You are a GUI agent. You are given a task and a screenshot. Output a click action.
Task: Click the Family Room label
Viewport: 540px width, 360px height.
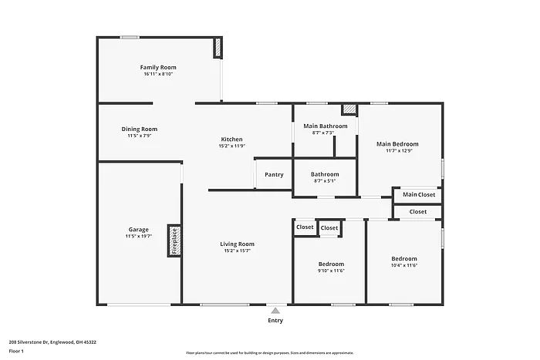(x=158, y=67)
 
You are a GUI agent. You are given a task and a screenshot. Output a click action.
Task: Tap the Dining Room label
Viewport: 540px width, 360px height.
(x=139, y=129)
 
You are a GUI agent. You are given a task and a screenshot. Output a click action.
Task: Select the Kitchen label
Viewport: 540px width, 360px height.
(x=231, y=139)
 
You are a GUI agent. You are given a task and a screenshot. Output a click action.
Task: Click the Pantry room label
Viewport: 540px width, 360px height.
(x=274, y=174)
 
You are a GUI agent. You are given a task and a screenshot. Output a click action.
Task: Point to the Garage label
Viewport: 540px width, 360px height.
(x=139, y=229)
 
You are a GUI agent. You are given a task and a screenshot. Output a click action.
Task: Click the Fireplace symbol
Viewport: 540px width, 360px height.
(x=174, y=241)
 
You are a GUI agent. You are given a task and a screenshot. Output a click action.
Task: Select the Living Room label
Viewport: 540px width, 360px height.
(x=238, y=244)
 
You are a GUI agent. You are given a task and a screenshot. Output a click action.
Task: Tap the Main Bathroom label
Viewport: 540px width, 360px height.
(x=325, y=126)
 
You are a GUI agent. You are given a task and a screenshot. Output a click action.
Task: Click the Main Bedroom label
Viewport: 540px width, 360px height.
(x=397, y=143)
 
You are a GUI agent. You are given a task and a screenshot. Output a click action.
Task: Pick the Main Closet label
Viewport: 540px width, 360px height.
(x=419, y=194)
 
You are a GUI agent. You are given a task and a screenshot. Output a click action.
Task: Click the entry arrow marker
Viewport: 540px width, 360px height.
(x=275, y=309)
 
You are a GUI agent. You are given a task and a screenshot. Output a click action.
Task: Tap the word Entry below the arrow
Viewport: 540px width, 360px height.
(x=275, y=320)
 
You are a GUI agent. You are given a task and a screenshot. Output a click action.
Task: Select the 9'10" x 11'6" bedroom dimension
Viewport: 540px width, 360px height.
(x=330, y=271)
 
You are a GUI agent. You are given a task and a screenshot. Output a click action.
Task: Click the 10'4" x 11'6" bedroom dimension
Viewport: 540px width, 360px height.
(x=403, y=266)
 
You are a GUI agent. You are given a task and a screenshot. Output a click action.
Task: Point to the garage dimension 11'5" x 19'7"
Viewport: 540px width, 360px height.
(x=139, y=237)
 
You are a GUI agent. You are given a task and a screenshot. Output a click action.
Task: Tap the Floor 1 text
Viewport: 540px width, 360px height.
(x=17, y=351)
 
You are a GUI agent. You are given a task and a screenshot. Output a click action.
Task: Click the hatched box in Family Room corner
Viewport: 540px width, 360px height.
(x=218, y=49)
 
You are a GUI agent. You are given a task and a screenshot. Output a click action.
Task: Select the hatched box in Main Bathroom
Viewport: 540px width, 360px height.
(x=349, y=110)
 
